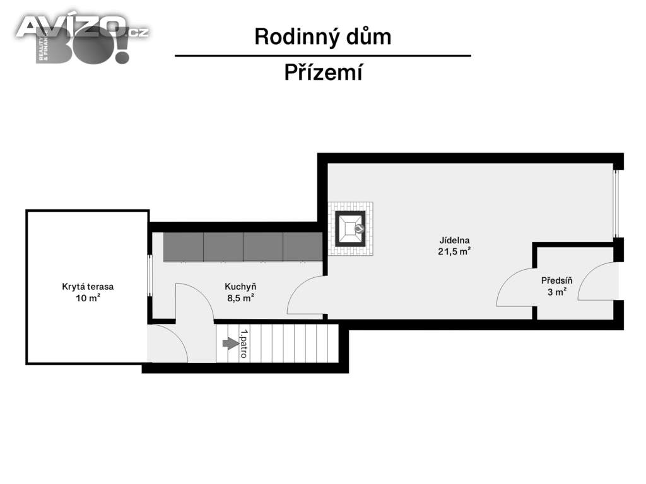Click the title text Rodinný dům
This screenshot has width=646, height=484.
click(322, 37)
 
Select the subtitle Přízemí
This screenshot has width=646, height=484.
click(322, 73)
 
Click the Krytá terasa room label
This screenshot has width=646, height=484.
click(88, 286)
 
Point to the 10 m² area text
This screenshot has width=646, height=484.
click(88, 298)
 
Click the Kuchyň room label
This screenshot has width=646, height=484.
click(240, 286)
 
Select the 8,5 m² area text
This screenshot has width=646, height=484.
click(240, 298)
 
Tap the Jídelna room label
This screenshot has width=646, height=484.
click(455, 240)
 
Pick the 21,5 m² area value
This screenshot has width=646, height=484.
click(455, 251)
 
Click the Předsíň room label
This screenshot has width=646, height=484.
click(556, 280)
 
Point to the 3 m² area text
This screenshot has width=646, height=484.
click(556, 292)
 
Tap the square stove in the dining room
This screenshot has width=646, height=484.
click(349, 228)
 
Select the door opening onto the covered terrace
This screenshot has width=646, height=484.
click(167, 345)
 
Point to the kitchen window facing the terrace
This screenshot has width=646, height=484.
click(150, 275)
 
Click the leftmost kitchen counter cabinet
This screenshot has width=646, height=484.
click(183, 247)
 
